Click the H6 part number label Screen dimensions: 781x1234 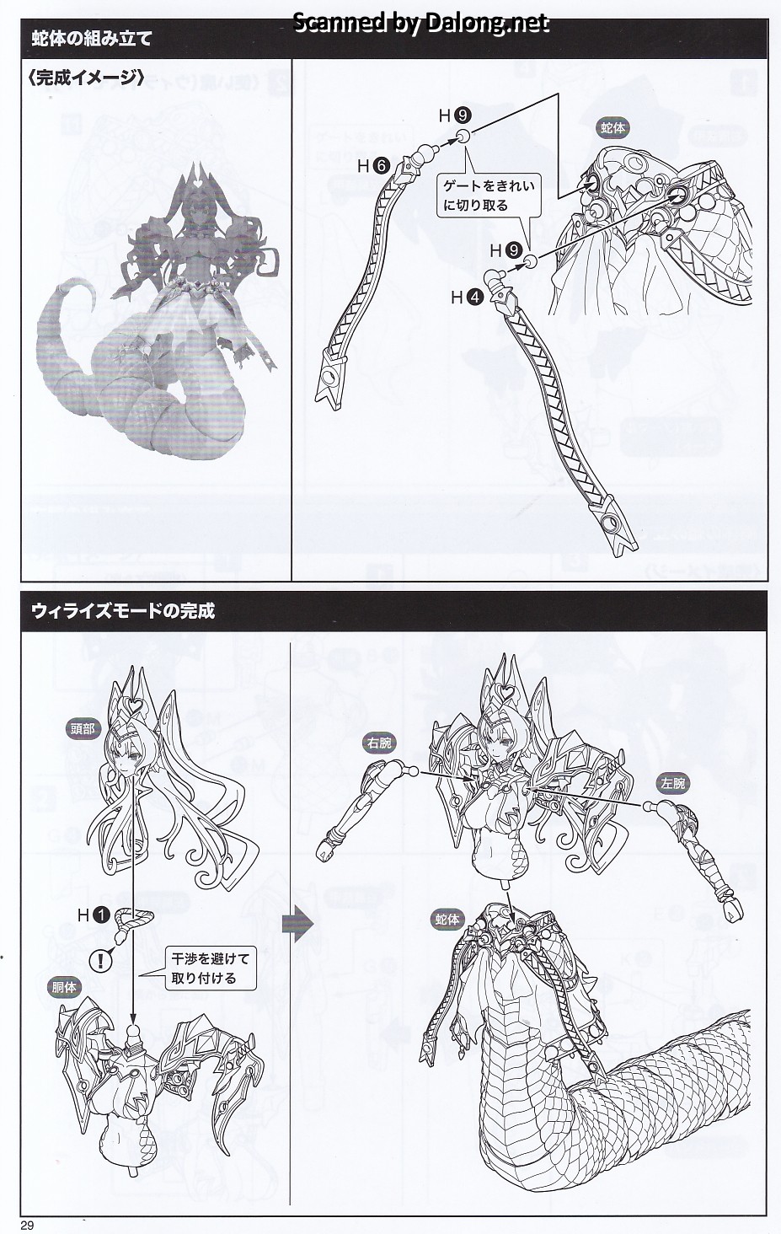coord(373,165)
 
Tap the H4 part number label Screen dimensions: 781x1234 coord(467,298)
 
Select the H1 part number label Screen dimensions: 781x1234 coord(94,915)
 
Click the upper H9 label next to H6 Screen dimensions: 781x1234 coord(454,115)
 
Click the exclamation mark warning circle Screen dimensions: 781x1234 coord(100,961)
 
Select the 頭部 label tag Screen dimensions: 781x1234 coord(83,729)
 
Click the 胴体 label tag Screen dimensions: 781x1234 coord(64,987)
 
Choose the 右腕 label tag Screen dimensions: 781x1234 coord(379,743)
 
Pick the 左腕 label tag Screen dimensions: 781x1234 coord(673,783)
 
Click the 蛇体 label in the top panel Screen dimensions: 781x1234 coord(612,128)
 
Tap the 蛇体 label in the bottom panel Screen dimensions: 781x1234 coord(447,920)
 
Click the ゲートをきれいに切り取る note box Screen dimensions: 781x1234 coord(489,196)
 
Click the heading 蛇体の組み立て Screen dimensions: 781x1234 coord(92,39)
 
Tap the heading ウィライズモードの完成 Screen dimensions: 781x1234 coord(123,611)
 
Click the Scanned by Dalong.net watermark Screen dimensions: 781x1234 coord(420,22)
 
